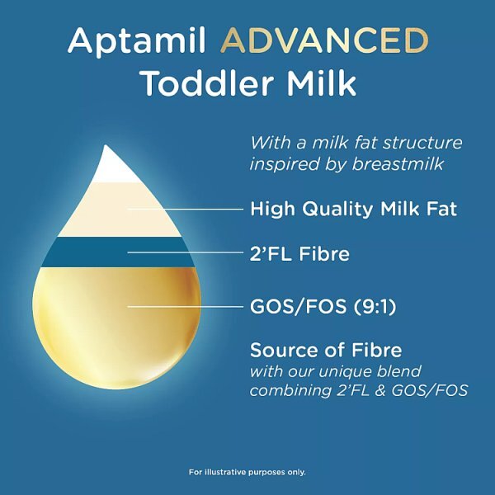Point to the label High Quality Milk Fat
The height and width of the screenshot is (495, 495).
(x=353, y=209)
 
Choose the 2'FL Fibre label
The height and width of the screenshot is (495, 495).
(x=299, y=254)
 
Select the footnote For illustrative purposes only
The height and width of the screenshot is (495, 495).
(x=247, y=472)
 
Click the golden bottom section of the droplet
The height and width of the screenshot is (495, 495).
(x=115, y=330)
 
